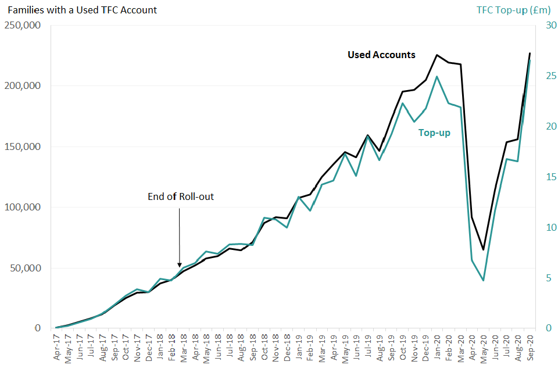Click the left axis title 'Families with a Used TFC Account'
tap(83, 10)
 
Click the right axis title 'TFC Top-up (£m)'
tap(513, 10)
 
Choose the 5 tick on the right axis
tap(547, 278)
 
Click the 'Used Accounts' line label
tap(381, 55)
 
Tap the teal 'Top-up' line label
tap(434, 133)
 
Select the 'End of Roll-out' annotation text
tap(181, 196)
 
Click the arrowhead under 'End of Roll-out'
tap(179, 264)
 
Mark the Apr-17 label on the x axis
tap(57, 349)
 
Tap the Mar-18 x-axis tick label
tap(184, 349)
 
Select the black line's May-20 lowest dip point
tap(483, 249)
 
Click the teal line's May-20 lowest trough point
tap(483, 280)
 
